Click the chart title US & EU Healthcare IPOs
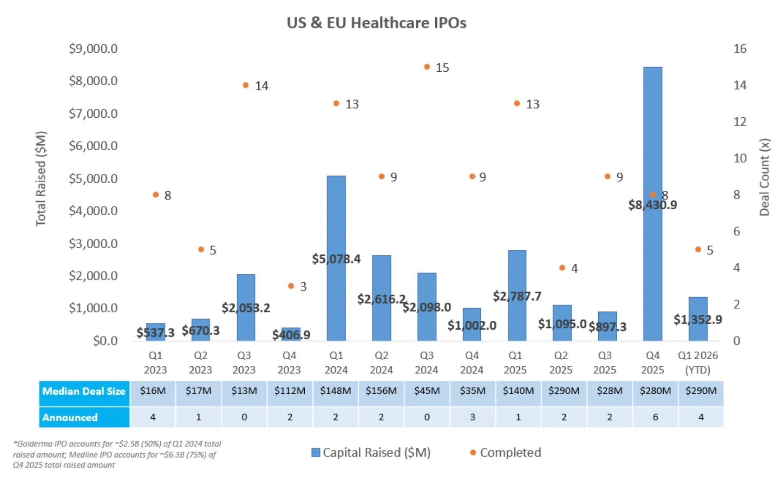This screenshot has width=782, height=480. coord(377,23)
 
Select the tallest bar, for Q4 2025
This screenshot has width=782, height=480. coord(652,135)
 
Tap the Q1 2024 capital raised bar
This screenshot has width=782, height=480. coord(336,217)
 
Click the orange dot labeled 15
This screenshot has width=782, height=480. coord(427,67)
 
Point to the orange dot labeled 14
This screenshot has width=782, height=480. coord(246,85)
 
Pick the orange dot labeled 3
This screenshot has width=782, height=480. coord(291,286)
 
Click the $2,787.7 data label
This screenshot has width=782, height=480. coord(517,296)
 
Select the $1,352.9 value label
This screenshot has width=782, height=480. coord(698,320)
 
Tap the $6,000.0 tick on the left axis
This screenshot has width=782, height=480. coord(93,146)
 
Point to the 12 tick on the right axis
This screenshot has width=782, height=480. coord(740,122)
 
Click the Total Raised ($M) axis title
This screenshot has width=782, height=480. coord(41,178)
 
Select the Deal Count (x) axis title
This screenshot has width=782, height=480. coord(764,177)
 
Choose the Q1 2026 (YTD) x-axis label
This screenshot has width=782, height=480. coord(698,363)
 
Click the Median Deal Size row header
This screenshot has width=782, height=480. coord(84,391)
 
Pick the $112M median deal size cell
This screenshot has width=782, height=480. coord(289,391)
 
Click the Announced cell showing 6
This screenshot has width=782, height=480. coord(655,417)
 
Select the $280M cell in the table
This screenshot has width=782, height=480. coord(655,391)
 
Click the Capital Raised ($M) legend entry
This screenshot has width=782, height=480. coord(371,452)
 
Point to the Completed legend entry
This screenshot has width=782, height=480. coord(506,452)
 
